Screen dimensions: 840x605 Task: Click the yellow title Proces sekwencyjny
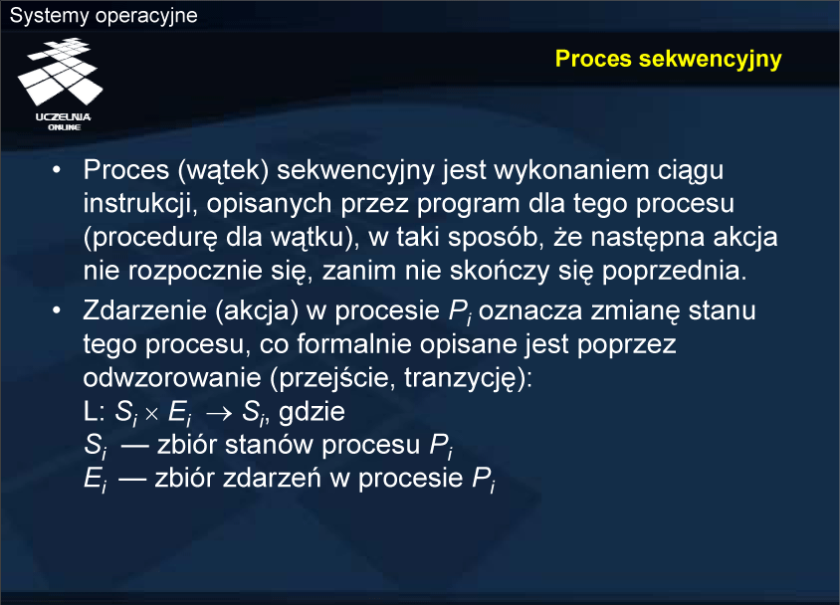(x=668, y=60)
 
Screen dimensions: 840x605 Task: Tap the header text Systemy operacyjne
(x=104, y=16)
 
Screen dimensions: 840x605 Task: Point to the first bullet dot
(x=57, y=170)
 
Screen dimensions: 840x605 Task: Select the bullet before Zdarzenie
(x=57, y=310)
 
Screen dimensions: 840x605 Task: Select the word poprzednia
(x=674, y=272)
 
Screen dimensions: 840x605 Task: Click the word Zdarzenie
(x=144, y=310)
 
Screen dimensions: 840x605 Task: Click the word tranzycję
(x=462, y=378)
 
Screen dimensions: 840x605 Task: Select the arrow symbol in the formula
(x=219, y=413)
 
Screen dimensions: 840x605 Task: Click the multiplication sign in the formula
(x=152, y=414)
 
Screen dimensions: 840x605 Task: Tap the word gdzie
(x=312, y=412)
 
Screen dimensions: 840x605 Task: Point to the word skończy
(x=500, y=272)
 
